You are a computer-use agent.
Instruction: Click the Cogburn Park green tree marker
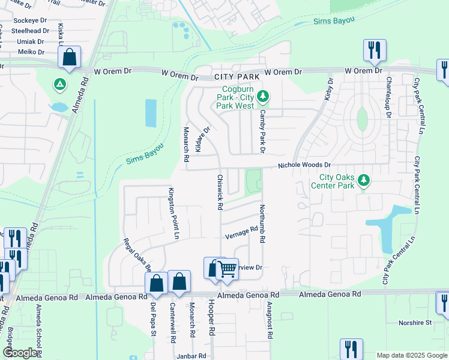(262, 96)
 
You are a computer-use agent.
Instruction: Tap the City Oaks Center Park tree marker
(363, 180)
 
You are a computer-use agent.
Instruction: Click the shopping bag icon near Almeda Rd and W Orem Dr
(70, 58)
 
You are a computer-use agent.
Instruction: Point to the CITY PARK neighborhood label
(237, 77)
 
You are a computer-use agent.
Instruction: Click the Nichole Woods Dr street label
(304, 165)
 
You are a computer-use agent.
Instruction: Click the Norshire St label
(415, 323)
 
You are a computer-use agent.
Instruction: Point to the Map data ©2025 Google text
(411, 355)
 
